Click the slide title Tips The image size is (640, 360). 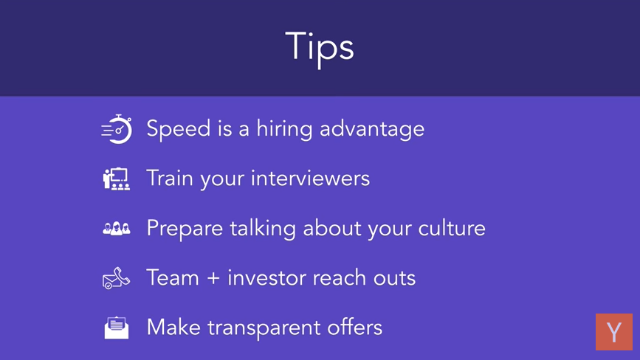tap(319, 49)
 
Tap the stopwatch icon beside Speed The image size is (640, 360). tap(117, 129)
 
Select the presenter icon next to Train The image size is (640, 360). tap(117, 179)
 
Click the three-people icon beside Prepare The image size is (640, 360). tap(117, 228)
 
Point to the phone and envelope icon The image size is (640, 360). tap(117, 278)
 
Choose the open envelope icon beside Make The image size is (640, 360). tap(117, 328)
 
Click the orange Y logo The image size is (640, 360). tap(614, 332)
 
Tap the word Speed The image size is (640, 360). tap(179, 129)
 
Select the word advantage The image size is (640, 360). tap(372, 130)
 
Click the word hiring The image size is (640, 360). tap(284, 129)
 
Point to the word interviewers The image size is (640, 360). tap(310, 179)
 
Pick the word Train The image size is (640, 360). tap(169, 179)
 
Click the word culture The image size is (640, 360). tap(452, 228)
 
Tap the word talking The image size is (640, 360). tap(263, 228)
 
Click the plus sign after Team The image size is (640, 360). tap(213, 278)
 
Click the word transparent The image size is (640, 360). tap(264, 328)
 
